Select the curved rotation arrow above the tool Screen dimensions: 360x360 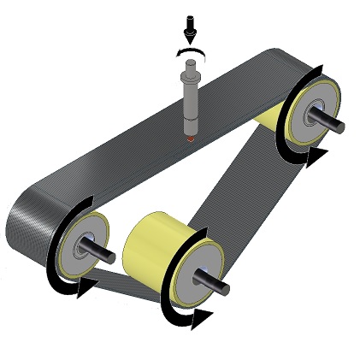pos(192,53)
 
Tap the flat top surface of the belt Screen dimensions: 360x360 pos(154,145)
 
